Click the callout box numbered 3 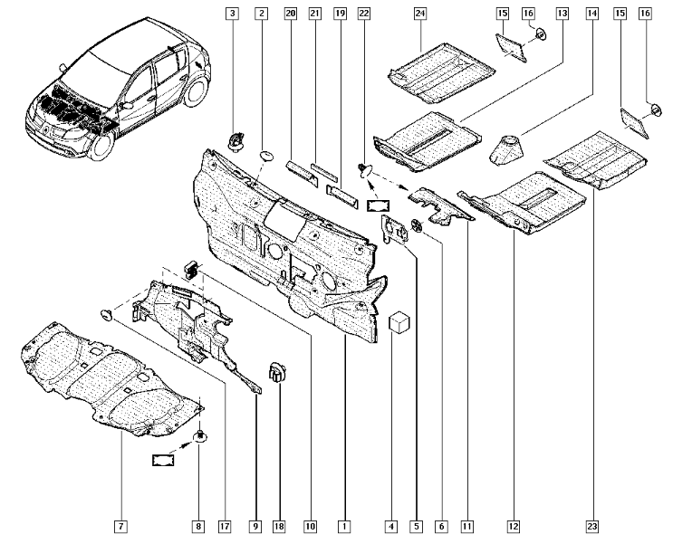pyautogui.click(x=233, y=14)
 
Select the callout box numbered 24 pyautogui.click(x=420, y=14)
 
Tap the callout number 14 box pyautogui.click(x=591, y=14)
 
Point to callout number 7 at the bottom pyautogui.click(x=120, y=526)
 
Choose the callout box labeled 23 pyautogui.click(x=591, y=526)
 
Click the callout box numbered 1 pyautogui.click(x=345, y=526)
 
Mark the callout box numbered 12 pyautogui.click(x=514, y=526)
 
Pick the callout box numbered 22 pyautogui.click(x=364, y=14)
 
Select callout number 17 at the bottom pyautogui.click(x=225, y=526)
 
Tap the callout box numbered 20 pyautogui.click(x=290, y=14)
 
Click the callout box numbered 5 pyautogui.click(x=416, y=526)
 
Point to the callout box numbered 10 pyautogui.click(x=311, y=526)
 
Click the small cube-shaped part pyautogui.click(x=399, y=323)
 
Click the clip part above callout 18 pyautogui.click(x=277, y=371)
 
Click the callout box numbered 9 pyautogui.click(x=256, y=526)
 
